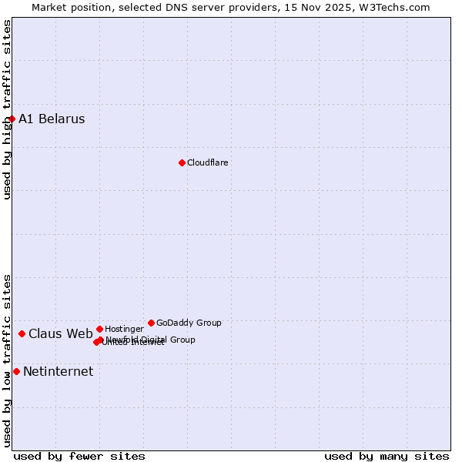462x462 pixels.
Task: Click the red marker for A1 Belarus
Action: [x=12, y=119]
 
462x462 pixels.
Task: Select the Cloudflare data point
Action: [x=182, y=162]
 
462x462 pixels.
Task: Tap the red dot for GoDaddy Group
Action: [x=151, y=323]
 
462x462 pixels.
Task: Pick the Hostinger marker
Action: [x=99, y=329]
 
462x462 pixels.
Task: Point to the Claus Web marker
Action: [x=22, y=333]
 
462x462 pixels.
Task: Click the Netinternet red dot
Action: [x=16, y=371]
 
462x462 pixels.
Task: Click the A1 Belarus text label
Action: [x=52, y=119]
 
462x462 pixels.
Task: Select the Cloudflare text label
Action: [x=207, y=162]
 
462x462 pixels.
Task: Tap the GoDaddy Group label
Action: [x=189, y=323]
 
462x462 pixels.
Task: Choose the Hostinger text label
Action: [x=124, y=329]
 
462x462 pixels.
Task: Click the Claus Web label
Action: [x=60, y=333]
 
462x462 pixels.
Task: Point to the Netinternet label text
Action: [x=58, y=371]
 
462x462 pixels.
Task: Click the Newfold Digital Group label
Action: [x=151, y=340]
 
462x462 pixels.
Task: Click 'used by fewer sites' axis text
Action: [x=79, y=456]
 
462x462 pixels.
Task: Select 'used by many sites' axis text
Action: [x=386, y=456]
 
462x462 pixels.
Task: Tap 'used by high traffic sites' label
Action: [x=7, y=109]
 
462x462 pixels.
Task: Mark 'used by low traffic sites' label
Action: [x=7, y=360]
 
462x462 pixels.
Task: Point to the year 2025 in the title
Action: [x=338, y=7]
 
